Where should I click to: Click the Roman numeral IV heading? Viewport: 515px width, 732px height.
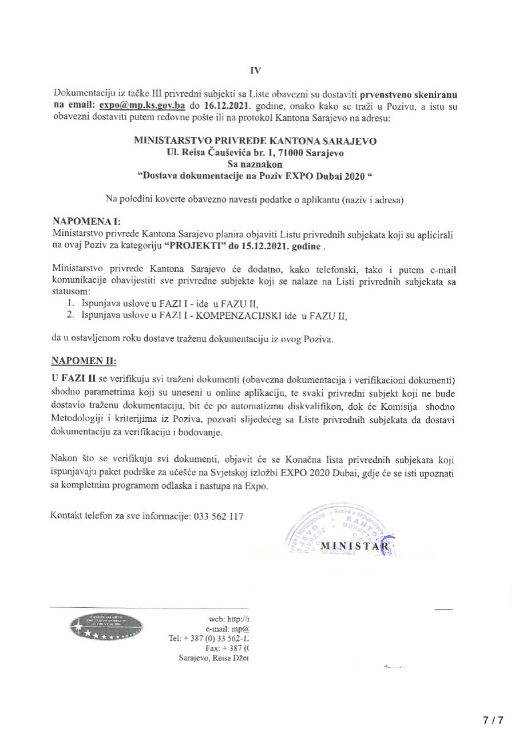pyautogui.click(x=255, y=71)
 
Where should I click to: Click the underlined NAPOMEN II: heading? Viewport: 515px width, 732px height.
pyautogui.click(x=84, y=362)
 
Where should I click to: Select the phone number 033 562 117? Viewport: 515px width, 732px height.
pyautogui.click(x=219, y=516)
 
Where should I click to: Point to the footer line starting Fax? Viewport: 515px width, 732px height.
pyautogui.click(x=229, y=648)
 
